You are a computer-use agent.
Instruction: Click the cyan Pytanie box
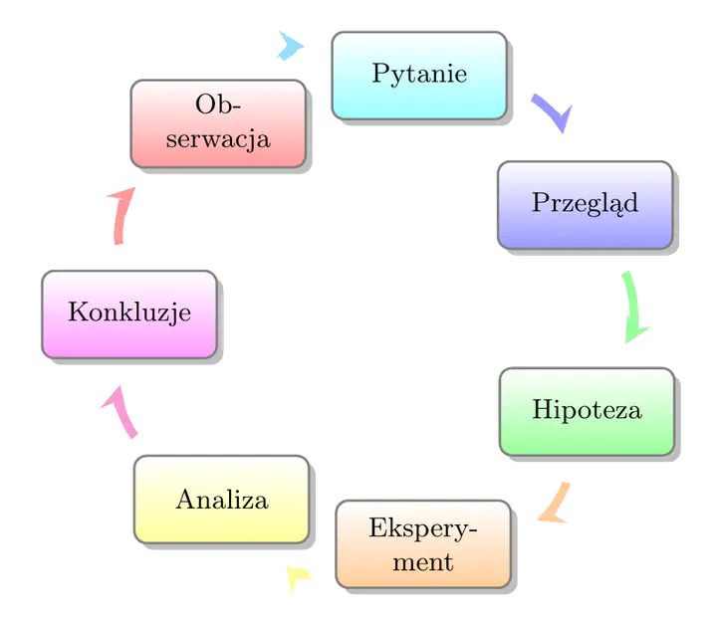(418, 75)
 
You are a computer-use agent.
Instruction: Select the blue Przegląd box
(585, 204)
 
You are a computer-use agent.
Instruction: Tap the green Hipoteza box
(586, 410)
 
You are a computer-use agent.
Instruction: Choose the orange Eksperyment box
(423, 543)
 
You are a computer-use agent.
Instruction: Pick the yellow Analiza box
(221, 500)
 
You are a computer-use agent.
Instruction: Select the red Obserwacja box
(219, 122)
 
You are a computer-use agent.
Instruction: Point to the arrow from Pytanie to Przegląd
(551, 113)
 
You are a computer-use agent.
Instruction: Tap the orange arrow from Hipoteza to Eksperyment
(554, 504)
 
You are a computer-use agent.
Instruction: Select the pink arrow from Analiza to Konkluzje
(119, 411)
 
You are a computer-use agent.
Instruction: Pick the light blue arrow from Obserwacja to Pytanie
(288, 45)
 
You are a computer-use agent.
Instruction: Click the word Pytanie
(418, 75)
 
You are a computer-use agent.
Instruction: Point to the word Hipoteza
(586, 410)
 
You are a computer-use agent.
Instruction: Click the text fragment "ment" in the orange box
(423, 562)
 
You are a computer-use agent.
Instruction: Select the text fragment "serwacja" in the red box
(219, 138)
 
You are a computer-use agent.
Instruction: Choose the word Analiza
(221, 500)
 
